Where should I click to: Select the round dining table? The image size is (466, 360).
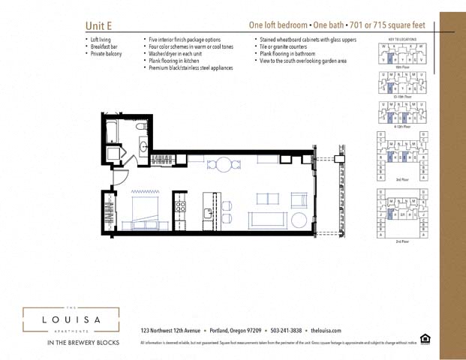click(x=224, y=165)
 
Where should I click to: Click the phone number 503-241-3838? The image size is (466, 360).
click(x=285, y=330)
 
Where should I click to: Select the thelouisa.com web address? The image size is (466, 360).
click(x=326, y=330)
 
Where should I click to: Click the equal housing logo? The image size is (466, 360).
click(x=425, y=339)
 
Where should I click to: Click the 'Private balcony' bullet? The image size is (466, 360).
click(x=106, y=54)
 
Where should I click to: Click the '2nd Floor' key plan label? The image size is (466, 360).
click(x=403, y=241)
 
